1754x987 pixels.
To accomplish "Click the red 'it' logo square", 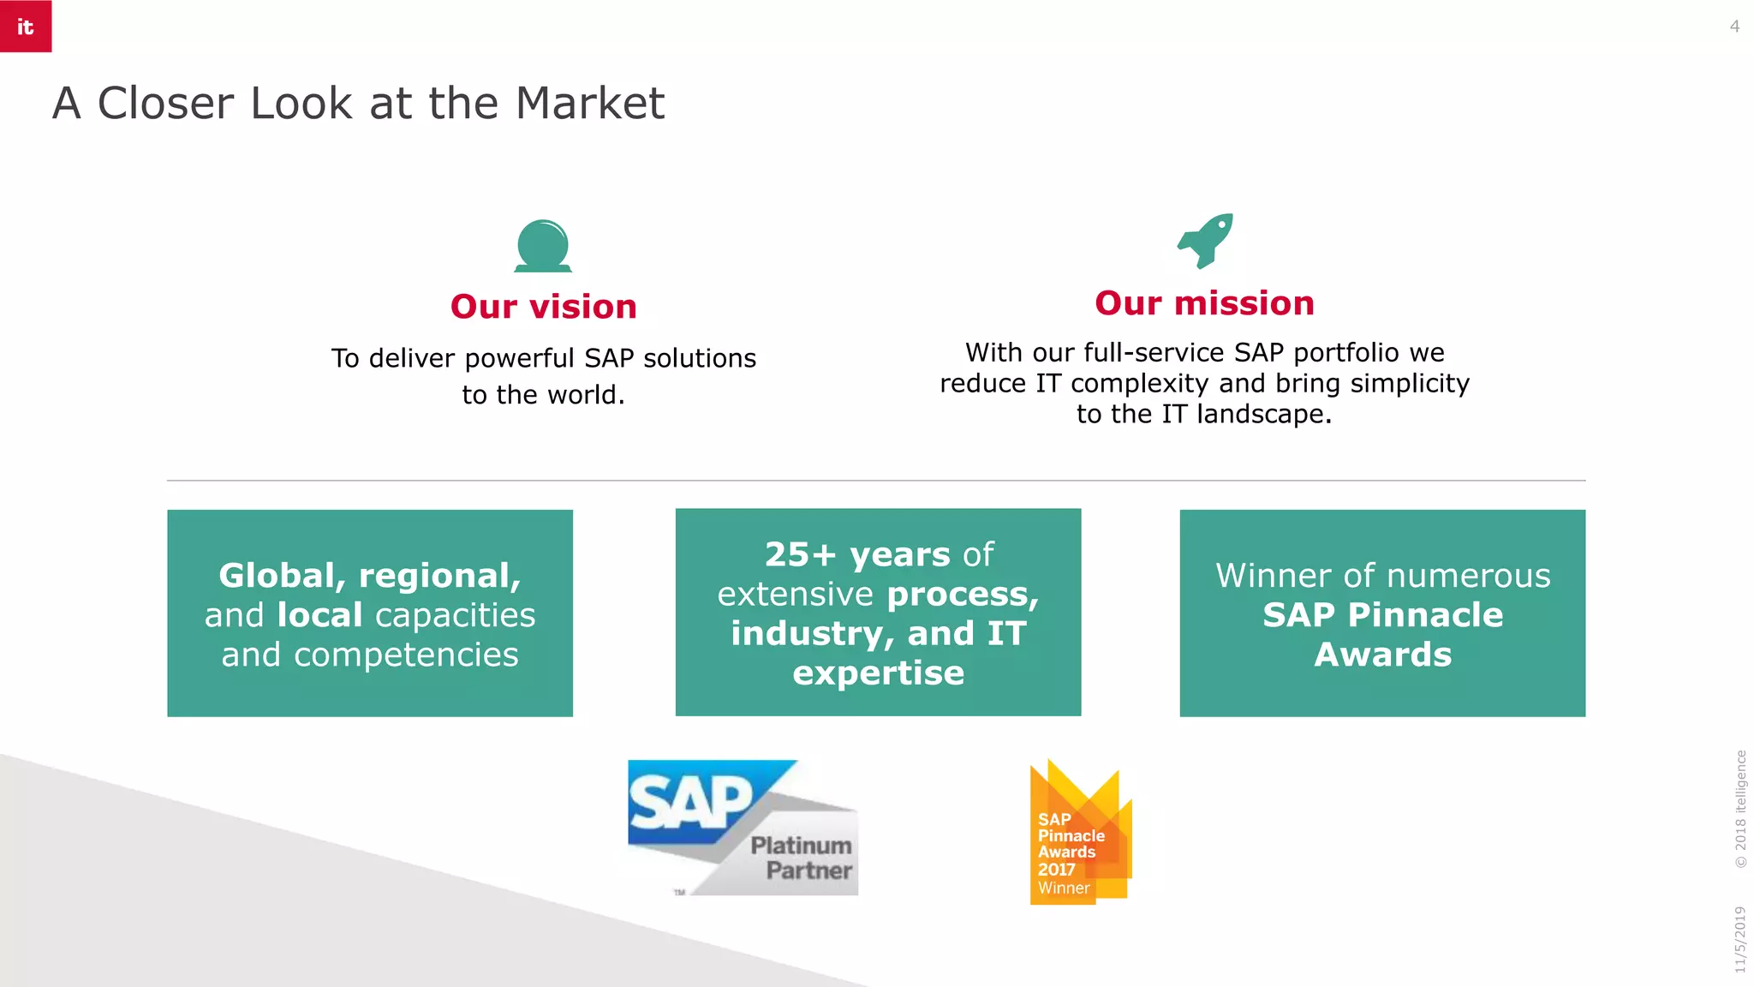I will tap(26, 26).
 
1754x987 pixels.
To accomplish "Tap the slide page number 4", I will tap(1734, 27).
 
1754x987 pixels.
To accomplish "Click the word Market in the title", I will tap(589, 104).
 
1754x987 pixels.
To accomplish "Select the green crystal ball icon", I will tap(543, 246).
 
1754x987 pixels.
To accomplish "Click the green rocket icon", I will tap(1205, 240).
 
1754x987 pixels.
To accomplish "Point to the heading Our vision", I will tap(544, 307).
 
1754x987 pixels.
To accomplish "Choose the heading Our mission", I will tap(1204, 303).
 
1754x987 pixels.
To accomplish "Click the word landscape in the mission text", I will tap(1263, 414).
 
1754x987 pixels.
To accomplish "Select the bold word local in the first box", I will tap(320, 615).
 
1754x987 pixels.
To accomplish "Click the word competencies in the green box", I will tap(406, 655).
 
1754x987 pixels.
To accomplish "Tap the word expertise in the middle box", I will tap(878, 673).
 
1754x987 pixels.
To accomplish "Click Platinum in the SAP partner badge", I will tap(801, 846).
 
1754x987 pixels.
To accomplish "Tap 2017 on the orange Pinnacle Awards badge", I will tap(1056, 869).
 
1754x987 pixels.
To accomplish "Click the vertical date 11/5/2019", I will tap(1739, 939).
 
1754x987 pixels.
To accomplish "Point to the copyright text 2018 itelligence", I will tap(1739, 809).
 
